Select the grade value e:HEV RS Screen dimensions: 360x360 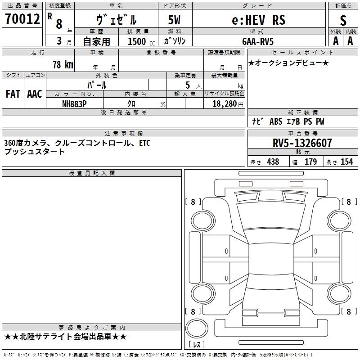click(x=258, y=20)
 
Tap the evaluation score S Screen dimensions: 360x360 click(x=343, y=20)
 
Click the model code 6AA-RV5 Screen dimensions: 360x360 click(x=258, y=41)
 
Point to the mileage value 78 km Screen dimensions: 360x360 click(x=63, y=64)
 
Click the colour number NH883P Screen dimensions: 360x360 click(x=74, y=103)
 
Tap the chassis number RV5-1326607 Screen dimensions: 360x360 click(x=302, y=144)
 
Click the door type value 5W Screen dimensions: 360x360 click(x=175, y=20)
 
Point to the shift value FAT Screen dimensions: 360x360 click(x=13, y=94)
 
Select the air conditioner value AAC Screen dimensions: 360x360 click(x=34, y=94)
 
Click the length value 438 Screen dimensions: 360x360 click(x=273, y=162)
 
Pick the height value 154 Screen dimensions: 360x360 click(x=346, y=162)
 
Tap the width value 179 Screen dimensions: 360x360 click(x=310, y=162)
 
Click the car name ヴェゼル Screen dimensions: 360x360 click(x=117, y=20)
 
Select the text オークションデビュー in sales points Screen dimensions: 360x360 click(x=288, y=63)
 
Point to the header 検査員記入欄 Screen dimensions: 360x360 click(x=92, y=173)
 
